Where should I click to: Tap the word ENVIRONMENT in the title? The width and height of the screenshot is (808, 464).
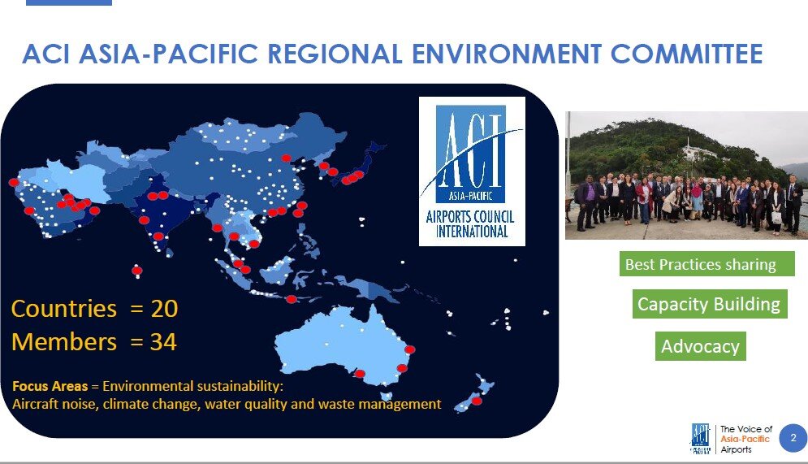507,54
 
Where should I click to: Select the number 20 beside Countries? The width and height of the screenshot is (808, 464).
164,308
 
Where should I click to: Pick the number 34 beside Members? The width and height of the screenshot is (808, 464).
163,342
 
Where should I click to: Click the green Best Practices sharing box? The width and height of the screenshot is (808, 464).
707,264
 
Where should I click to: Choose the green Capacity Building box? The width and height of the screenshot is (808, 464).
710,304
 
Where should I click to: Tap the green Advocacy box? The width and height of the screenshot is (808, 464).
700,346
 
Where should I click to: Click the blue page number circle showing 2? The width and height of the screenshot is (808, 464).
793,438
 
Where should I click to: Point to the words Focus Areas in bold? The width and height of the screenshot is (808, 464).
50,386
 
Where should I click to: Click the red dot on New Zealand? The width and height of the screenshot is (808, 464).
477,401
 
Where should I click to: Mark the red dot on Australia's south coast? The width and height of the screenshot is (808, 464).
361,373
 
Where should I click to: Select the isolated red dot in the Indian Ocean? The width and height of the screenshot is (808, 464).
136,270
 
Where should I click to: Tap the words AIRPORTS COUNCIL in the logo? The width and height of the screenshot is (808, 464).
470,217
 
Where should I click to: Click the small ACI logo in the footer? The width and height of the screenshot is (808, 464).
700,438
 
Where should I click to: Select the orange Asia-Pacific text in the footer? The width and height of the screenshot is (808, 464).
745,439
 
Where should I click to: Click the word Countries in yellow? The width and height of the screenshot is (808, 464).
64,308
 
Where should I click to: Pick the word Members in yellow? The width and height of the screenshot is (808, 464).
64,342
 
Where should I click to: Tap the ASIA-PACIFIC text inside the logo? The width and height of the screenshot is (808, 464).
470,196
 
